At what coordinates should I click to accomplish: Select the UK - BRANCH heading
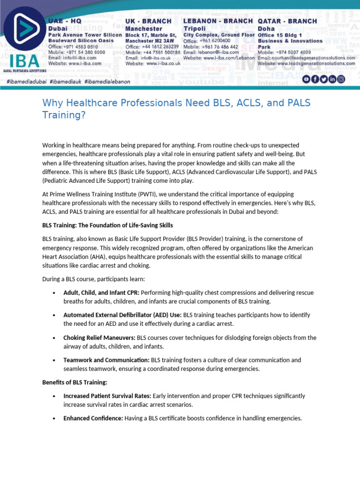148,22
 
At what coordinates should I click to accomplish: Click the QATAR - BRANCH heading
287,22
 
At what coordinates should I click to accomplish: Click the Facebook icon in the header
315,79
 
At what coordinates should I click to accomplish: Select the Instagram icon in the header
341,79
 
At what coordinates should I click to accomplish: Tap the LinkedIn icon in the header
332,79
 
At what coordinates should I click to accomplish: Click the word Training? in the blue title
64,115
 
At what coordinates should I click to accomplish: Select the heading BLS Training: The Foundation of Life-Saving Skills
107,225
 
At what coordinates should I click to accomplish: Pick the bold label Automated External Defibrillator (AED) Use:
122,315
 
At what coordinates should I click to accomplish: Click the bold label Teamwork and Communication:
106,360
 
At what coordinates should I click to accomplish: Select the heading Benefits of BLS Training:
75,382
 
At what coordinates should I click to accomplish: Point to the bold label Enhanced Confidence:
93,418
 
